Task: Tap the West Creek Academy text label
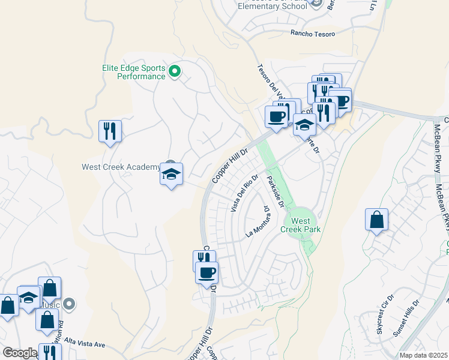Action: pyautogui.click(x=121, y=166)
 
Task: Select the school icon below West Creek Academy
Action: pyautogui.click(x=171, y=175)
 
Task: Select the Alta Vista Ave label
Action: pyautogui.click(x=85, y=344)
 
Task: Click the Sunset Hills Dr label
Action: pyautogui.click(x=408, y=325)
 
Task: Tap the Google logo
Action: pyautogui.click(x=19, y=353)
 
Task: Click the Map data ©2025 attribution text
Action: pyautogui.click(x=423, y=355)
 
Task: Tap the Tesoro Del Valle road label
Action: pyautogui.click(x=270, y=82)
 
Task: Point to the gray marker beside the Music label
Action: pyautogui.click(x=69, y=305)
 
